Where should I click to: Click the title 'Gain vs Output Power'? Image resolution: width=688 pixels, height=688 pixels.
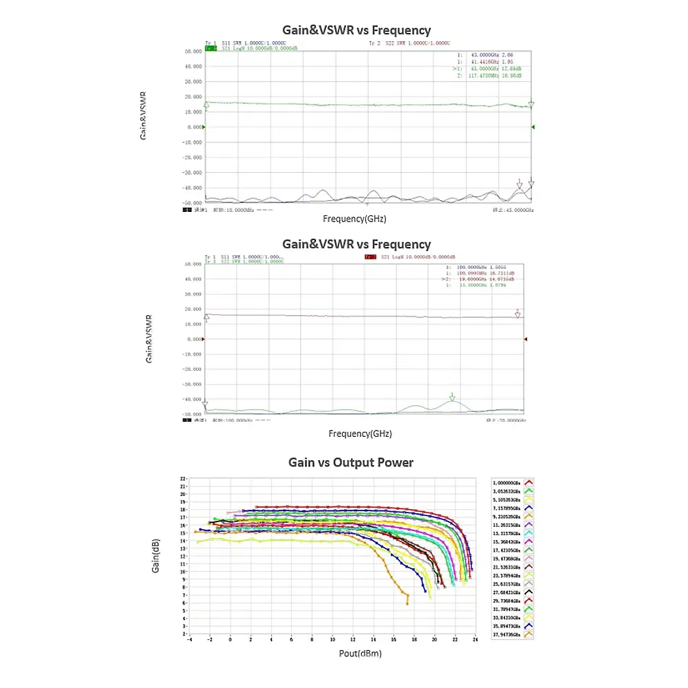351,462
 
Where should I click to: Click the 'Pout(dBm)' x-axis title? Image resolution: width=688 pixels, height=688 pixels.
361,653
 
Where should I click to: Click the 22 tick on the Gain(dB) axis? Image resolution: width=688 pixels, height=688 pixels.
184,478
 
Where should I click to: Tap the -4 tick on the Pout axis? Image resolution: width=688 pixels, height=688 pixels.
190,639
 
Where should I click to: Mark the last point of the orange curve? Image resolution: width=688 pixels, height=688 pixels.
407,603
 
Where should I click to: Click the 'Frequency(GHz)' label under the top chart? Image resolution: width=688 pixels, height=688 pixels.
354,219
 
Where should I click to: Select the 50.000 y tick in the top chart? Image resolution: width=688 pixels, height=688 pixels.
193,52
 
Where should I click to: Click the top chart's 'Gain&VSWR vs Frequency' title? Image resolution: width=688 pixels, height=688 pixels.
356,30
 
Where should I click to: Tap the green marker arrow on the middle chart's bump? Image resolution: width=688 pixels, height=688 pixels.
452,397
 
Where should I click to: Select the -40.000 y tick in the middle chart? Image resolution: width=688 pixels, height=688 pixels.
193,400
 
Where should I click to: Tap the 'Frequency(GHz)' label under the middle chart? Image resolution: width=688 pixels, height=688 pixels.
360,434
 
